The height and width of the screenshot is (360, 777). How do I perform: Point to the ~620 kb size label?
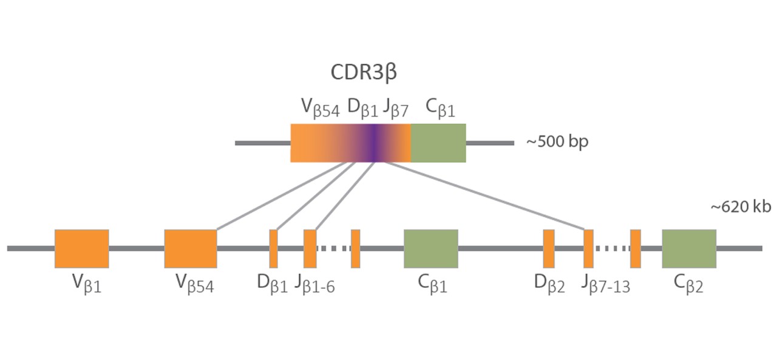tap(741, 207)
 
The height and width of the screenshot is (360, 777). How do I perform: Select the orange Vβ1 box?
tap(82, 248)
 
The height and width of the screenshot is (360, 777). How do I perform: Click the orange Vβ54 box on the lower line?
tap(191, 248)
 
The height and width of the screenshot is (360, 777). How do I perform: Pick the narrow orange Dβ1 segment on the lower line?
tap(273, 248)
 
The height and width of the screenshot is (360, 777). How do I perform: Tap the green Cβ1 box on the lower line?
tap(430, 248)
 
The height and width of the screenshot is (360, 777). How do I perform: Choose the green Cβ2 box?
tap(689, 248)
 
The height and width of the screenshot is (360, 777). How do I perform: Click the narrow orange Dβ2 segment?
tap(548, 248)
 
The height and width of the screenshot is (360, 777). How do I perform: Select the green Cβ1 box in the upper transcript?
tap(438, 143)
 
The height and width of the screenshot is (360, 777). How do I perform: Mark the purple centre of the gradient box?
tap(375, 143)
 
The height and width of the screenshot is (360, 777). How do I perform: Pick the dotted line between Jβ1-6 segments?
tap(333, 248)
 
